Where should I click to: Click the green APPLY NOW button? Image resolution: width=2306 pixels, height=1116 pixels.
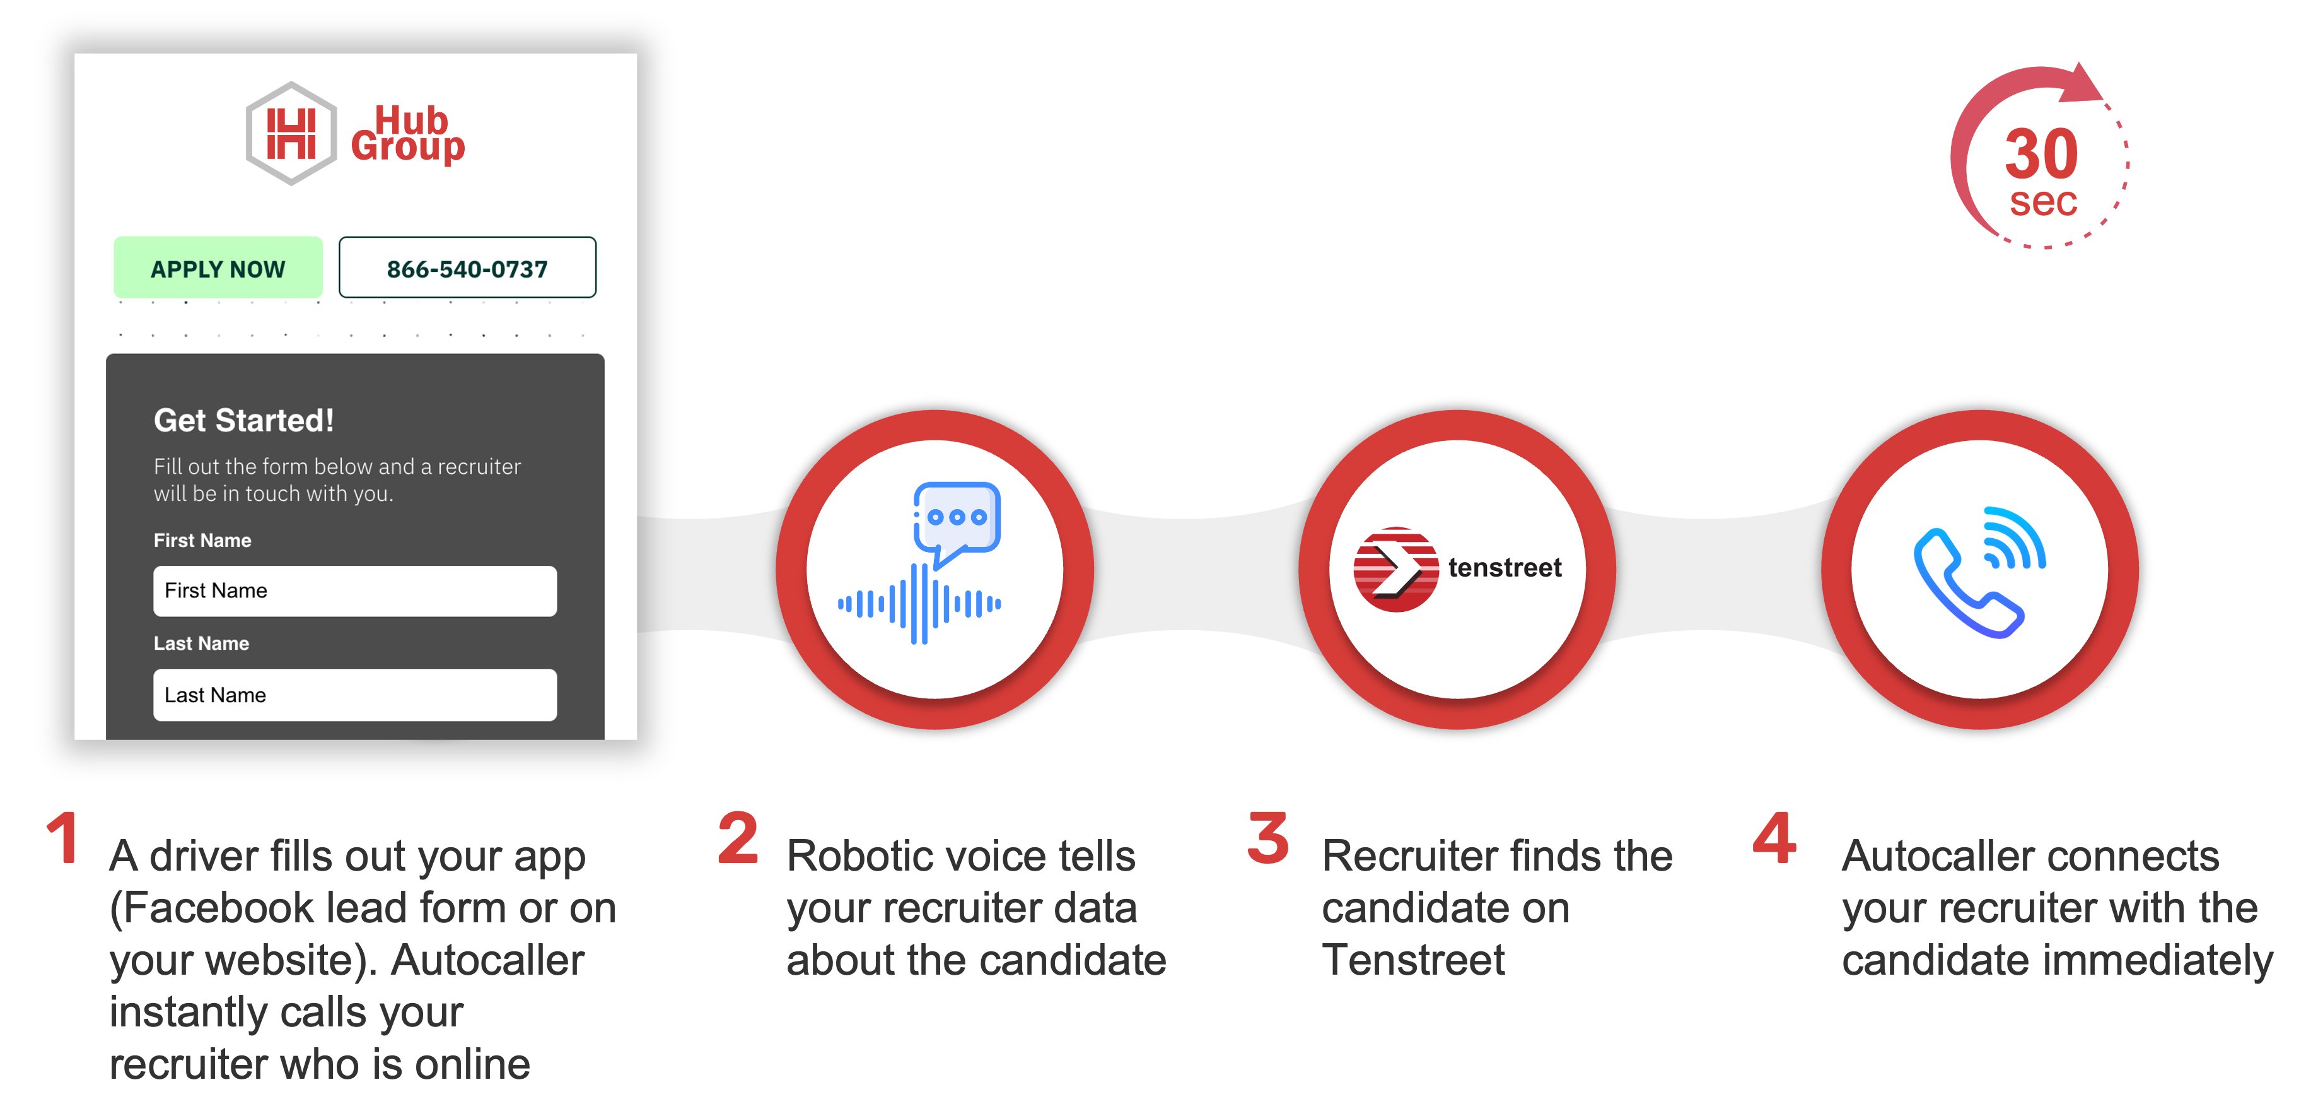click(x=218, y=268)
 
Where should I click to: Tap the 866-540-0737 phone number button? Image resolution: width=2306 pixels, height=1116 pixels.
click(x=467, y=268)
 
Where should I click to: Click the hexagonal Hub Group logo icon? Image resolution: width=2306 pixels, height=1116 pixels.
click(x=291, y=134)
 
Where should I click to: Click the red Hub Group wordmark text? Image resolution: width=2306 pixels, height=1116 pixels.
click(x=408, y=134)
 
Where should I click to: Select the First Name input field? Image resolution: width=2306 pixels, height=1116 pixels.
click(x=354, y=591)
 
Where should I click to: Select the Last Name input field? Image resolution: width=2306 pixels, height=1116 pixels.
click(x=354, y=695)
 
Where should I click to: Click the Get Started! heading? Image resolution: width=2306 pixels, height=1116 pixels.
click(x=243, y=420)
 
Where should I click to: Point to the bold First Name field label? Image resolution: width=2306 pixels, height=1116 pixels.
click(x=202, y=540)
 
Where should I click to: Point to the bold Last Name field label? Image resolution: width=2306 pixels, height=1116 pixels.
click(x=201, y=643)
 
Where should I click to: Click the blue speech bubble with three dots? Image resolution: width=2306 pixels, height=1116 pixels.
click(x=956, y=519)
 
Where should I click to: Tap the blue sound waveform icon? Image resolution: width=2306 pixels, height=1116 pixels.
click(x=919, y=604)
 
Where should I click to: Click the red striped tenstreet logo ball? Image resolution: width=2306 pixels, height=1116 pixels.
click(x=1395, y=569)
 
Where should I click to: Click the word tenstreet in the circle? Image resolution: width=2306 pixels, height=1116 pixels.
click(x=1505, y=568)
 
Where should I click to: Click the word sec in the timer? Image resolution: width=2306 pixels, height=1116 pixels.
click(x=2043, y=203)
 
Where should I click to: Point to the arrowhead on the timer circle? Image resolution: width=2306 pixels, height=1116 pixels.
click(x=2082, y=83)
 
